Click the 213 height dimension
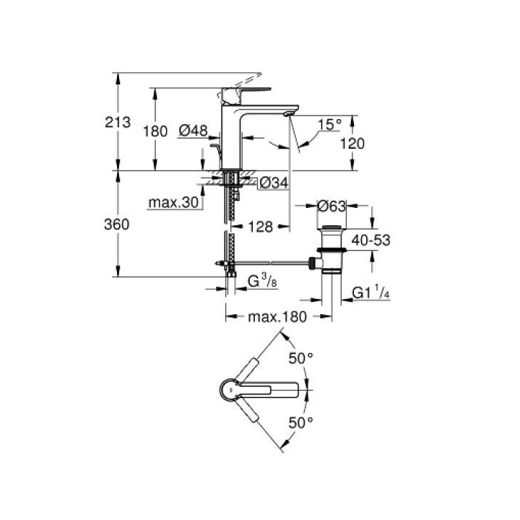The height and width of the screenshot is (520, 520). pyautogui.click(x=118, y=122)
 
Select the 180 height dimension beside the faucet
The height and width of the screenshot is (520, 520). pyautogui.click(x=155, y=131)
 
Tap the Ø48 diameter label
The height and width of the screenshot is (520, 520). pyautogui.click(x=193, y=131)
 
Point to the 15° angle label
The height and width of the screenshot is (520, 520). pyautogui.click(x=329, y=124)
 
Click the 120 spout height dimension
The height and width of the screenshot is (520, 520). pyautogui.click(x=352, y=144)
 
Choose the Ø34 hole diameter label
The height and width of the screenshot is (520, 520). pyautogui.click(x=274, y=183)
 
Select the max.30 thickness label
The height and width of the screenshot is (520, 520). pyautogui.click(x=174, y=202)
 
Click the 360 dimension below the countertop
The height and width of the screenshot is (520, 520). pyautogui.click(x=117, y=225)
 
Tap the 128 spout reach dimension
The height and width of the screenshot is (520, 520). pyautogui.click(x=261, y=227)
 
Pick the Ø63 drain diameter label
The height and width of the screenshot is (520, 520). pyautogui.click(x=331, y=207)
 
